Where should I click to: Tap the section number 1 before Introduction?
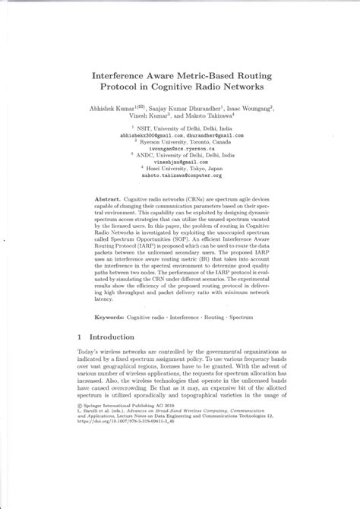click(81, 334)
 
